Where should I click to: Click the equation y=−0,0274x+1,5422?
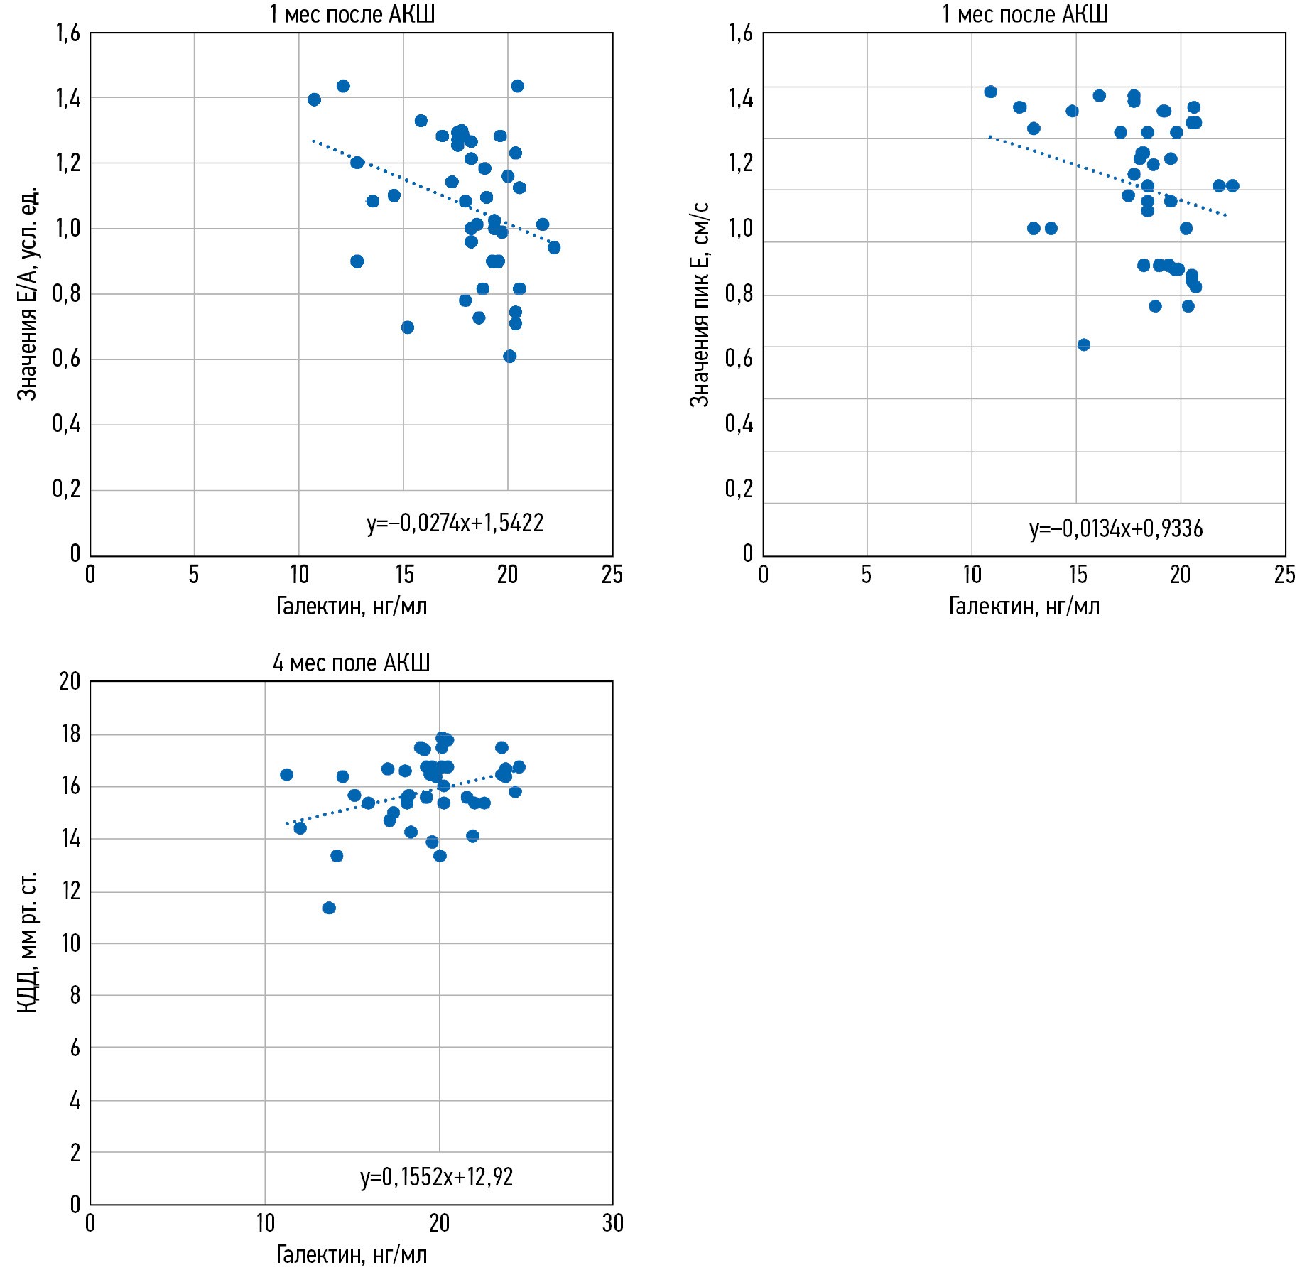(x=455, y=523)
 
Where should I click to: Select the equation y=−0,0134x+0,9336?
(x=1115, y=529)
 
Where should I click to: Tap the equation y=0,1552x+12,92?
(x=436, y=1177)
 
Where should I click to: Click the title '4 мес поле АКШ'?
(x=351, y=663)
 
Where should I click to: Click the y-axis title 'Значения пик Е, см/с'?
(x=700, y=304)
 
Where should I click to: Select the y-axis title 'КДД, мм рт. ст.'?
(x=27, y=942)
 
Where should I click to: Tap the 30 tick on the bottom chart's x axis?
(x=612, y=1222)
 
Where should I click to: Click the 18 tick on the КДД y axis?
(x=71, y=734)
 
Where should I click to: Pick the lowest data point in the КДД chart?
(x=329, y=908)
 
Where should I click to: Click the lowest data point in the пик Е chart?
(x=1083, y=344)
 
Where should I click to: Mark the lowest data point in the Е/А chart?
(x=509, y=356)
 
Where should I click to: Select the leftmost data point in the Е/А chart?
(x=314, y=99)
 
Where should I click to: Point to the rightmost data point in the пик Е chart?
(x=1232, y=185)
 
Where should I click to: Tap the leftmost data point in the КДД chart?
(x=286, y=774)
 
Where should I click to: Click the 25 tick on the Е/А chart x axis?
(x=612, y=575)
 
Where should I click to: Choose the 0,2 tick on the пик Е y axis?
(x=739, y=489)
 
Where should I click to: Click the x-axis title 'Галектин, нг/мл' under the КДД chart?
(x=351, y=1254)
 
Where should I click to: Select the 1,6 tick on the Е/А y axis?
(x=68, y=33)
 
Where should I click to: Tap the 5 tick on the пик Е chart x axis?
(x=867, y=575)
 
